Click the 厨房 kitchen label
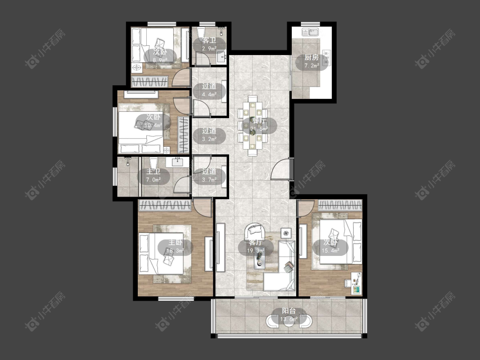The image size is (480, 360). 311,57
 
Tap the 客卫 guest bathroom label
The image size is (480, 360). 209,41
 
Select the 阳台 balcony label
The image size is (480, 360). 289,311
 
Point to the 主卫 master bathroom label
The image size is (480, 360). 153,172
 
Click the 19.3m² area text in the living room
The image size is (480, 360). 256,251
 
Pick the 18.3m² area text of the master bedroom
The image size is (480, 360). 175,251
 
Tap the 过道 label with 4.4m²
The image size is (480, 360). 209,86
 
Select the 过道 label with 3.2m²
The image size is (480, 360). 209,131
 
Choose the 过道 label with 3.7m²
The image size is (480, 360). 209,171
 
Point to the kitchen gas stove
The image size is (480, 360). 327,57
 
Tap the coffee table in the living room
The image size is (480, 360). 259,259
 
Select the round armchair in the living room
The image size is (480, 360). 256,232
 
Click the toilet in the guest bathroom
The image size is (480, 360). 201,32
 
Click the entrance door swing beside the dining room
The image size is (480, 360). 282,169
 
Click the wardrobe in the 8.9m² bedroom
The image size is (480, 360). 150,82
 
